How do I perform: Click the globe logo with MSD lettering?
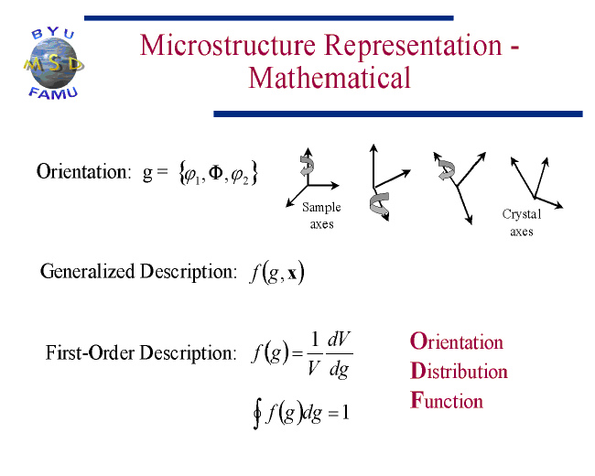[x=53, y=63]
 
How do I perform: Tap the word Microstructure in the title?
[x=228, y=46]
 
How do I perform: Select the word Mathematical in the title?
[x=330, y=78]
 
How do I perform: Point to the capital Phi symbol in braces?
[x=215, y=173]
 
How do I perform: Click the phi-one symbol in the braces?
[x=191, y=176]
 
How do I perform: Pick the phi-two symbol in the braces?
[x=240, y=176]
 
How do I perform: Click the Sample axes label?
[x=321, y=216]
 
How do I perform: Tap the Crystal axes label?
[x=522, y=222]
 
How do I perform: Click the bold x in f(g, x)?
[x=292, y=274]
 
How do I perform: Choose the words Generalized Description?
[x=138, y=272]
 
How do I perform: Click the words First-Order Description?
[x=141, y=353]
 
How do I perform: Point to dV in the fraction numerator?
[x=340, y=339]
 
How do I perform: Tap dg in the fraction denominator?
[x=339, y=369]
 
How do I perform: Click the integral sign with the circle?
[x=257, y=414]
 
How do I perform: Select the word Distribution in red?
[x=459, y=371]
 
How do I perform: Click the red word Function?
[x=447, y=400]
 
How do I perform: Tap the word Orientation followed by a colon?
[x=83, y=171]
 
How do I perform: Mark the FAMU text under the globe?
[x=53, y=93]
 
